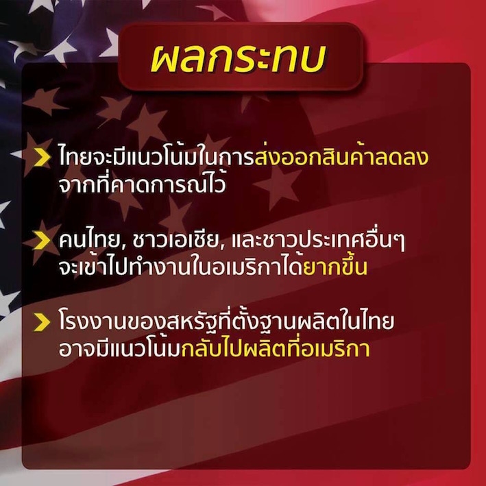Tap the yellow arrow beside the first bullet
point(42,157)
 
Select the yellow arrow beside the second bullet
point(42,241)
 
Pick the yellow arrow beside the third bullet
point(42,322)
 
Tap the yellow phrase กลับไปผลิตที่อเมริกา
point(276,348)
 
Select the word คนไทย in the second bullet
point(89,240)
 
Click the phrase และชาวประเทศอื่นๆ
point(318,240)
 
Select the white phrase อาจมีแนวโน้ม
point(120,348)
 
